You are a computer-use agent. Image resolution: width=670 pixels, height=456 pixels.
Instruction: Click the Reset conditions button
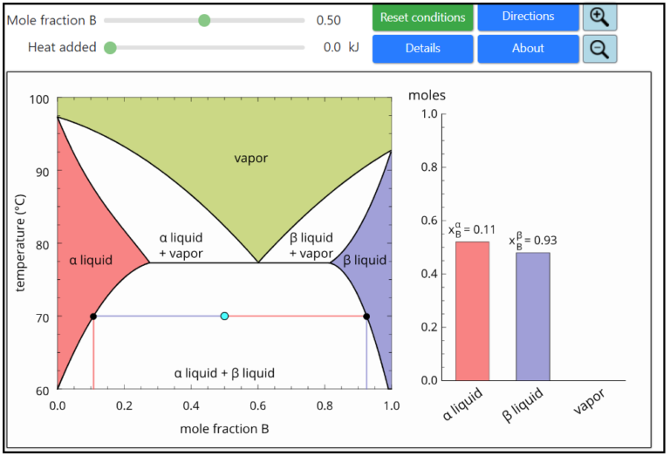pos(423,17)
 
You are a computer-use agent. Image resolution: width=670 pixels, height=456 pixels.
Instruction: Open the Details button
pos(423,49)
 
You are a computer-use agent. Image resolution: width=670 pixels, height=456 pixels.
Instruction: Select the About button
pos(528,49)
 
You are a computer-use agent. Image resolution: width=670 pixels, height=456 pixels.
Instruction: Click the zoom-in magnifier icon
pos(599,17)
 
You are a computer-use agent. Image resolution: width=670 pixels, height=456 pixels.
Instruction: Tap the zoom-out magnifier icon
pos(599,49)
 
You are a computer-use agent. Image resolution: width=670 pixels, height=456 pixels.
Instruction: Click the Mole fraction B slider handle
pos(204,20)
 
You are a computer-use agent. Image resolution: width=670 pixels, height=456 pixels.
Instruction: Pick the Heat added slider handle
pos(110,48)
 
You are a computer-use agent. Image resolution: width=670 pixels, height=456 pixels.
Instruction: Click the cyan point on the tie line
pos(224,316)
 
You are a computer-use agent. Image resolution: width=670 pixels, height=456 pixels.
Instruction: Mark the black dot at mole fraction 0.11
pos(93,316)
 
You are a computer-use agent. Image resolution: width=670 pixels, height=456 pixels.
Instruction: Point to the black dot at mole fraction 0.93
pos(366,316)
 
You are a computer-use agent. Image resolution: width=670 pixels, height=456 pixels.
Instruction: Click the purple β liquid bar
pos(532,316)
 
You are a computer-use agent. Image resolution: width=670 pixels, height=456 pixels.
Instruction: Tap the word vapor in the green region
pos(250,158)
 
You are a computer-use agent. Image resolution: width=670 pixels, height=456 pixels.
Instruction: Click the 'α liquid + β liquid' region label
pos(224,373)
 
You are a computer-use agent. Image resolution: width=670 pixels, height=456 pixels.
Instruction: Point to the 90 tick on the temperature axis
pos(40,171)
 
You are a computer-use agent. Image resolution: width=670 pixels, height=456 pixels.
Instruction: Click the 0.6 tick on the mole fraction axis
pos(257,405)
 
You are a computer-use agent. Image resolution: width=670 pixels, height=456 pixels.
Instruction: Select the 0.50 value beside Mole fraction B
pos(329,20)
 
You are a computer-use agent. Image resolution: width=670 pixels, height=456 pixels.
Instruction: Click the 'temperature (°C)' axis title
pos(21,243)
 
